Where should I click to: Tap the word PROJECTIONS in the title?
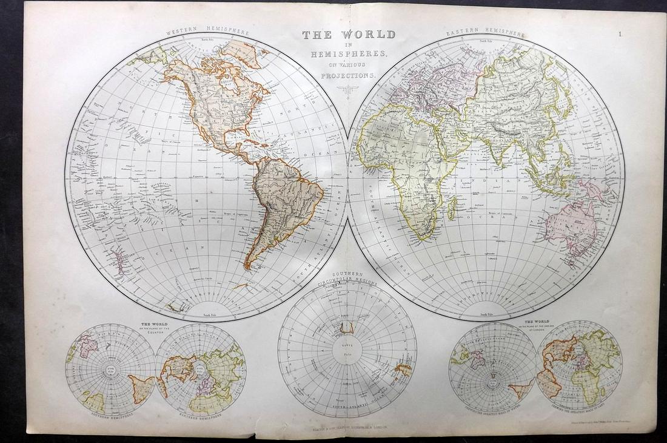pos(349,75)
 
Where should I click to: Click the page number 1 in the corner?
pos(621,35)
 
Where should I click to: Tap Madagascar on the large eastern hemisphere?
pos(452,209)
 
